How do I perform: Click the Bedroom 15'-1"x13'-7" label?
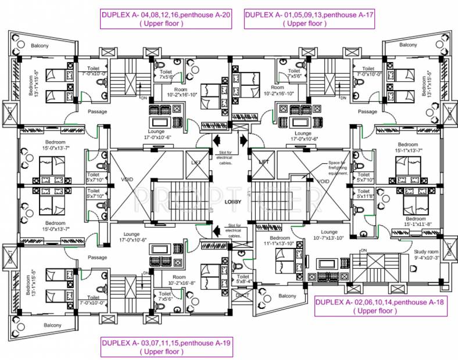pyautogui.click(x=407, y=147)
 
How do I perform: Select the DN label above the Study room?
pyautogui.click(x=364, y=251)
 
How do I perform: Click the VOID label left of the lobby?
pyautogui.click(x=127, y=180)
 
